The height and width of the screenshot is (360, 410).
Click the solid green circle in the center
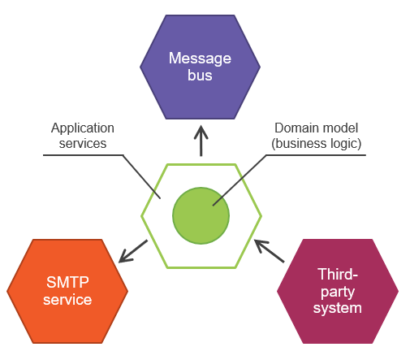tap(201, 215)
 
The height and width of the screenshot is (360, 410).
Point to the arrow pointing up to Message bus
tap(201, 141)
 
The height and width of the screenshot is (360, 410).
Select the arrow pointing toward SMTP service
tap(133, 251)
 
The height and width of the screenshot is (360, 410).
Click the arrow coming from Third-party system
tap(270, 251)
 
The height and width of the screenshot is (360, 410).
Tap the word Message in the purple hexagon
tap(200, 59)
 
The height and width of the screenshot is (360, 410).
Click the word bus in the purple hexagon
tap(200, 75)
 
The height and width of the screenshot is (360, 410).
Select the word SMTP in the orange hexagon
tap(67, 282)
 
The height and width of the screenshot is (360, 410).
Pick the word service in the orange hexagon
tap(67, 300)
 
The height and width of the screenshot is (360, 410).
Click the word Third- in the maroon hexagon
tap(338, 274)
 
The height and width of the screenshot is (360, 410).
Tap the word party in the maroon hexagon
tap(338, 292)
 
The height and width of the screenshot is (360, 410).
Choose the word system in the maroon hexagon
tap(338, 308)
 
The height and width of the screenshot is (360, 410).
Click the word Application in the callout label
tap(83, 128)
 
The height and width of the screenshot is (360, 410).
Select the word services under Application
tap(83, 144)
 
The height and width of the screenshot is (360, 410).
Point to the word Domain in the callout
tap(294, 128)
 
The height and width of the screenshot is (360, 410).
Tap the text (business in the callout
tap(296, 144)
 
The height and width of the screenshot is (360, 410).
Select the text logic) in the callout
tap(343, 144)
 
